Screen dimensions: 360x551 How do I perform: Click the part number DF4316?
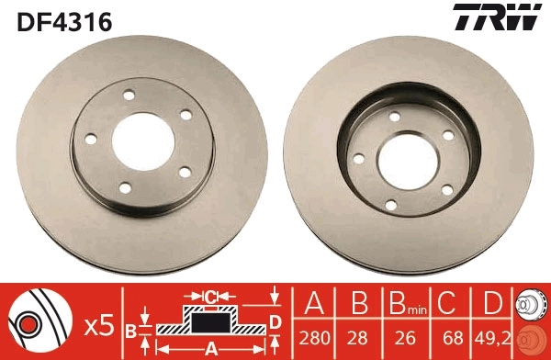[x=63, y=19]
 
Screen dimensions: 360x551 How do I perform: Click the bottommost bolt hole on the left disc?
[x=125, y=188]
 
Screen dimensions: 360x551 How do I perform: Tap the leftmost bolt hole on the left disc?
[x=91, y=140]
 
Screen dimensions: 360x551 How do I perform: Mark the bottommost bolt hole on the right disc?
[x=396, y=204]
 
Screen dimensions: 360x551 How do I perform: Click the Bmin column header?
[x=402, y=304]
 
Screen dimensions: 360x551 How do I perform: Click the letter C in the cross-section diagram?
[x=210, y=296]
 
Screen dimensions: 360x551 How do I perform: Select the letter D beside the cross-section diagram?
[x=274, y=321]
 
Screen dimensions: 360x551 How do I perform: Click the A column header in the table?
[x=314, y=304]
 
